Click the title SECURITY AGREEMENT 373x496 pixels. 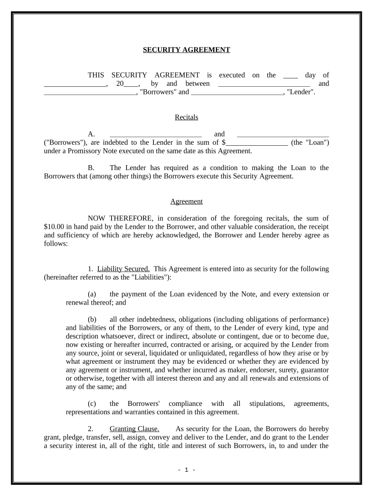(186, 50)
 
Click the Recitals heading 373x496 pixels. (186, 117)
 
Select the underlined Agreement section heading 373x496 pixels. (186, 201)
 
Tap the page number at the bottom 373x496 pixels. (186, 470)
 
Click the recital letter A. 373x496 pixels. (91, 134)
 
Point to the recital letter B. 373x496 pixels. (91, 168)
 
